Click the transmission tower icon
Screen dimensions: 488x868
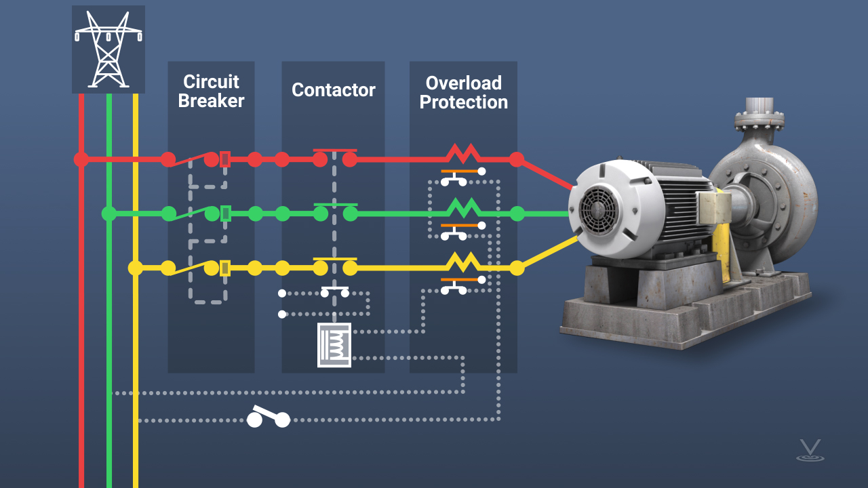(108, 49)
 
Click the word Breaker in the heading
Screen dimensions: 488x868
(211, 101)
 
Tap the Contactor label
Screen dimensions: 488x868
(333, 89)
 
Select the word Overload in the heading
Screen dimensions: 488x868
(463, 83)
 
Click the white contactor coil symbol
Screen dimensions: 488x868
(334, 345)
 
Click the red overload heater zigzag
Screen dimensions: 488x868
(462, 155)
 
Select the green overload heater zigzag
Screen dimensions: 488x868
(462, 207)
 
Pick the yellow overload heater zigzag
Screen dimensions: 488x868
(462, 261)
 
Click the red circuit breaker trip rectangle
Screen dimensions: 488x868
(225, 159)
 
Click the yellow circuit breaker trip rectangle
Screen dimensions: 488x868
(225, 268)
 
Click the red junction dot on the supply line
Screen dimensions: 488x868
(81, 159)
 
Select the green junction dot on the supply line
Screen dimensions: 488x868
(108, 213)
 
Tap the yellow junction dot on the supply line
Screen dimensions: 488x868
(136, 268)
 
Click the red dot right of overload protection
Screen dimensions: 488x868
(517, 159)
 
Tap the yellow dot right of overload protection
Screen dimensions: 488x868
(517, 268)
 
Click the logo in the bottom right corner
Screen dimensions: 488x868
(809, 450)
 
